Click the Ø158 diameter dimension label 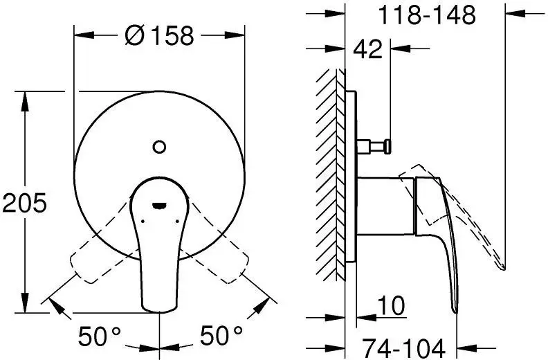click(159, 35)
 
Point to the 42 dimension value click(367, 50)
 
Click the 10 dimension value click(391, 305)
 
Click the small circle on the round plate click(159, 146)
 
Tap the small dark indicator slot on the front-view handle click(158, 205)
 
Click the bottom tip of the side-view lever click(455, 309)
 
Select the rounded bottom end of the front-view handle click(159, 305)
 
